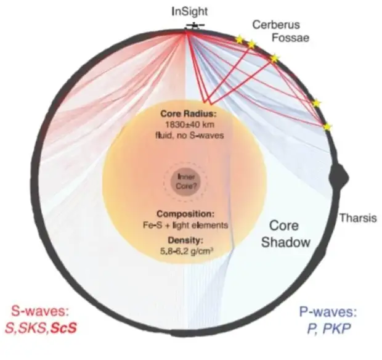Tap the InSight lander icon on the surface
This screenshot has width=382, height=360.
pos(195,26)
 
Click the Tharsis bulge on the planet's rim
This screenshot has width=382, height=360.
pos(339,178)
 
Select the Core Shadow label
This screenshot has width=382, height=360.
pos(285,234)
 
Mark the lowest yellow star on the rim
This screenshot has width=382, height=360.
pos(327,126)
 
